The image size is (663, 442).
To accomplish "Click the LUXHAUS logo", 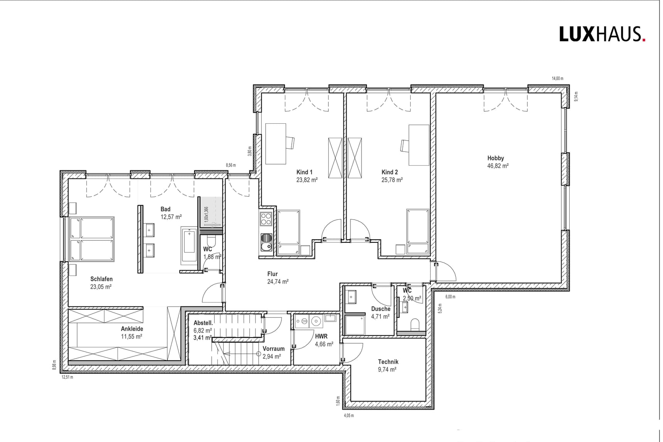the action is pos(602,34).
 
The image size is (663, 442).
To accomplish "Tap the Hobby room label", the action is pos(495,158).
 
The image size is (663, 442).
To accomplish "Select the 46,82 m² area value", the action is pos(498,166).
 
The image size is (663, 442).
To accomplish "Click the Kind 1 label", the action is pos(304,172).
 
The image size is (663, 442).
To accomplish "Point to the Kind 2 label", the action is pos(390,172).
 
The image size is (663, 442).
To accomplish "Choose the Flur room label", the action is pos(272,274).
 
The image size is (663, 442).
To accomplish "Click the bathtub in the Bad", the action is pos(189,246).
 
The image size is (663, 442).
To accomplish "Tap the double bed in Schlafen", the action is pos(92,239).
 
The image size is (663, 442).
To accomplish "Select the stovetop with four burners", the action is pos(266,219).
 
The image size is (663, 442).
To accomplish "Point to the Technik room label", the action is pos(388,362).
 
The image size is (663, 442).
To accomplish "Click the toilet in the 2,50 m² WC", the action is pos(415,324).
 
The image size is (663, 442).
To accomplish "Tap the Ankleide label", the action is pos(132,329).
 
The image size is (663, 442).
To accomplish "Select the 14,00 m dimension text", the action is pos(557,78).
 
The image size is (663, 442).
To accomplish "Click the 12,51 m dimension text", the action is pos(67,377).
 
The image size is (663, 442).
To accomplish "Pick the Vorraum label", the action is pos(274,349).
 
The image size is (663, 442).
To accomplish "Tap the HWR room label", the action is pos(321,336).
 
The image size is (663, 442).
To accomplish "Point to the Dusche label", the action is pos(381,309).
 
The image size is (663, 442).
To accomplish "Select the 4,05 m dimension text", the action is pos(348,415).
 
